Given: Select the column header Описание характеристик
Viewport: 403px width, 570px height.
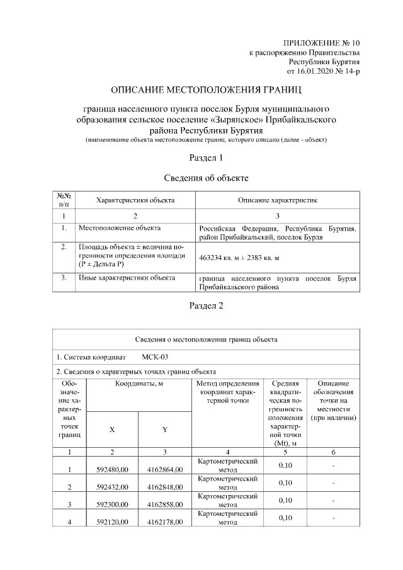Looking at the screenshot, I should click(277, 200).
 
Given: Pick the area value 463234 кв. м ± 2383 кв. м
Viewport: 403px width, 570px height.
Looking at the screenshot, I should click(239, 258).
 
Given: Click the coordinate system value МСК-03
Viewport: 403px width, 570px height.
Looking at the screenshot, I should click(155, 356).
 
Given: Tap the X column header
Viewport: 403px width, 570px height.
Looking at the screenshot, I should click(112, 430).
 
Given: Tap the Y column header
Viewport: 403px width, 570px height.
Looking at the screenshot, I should click(164, 430).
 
